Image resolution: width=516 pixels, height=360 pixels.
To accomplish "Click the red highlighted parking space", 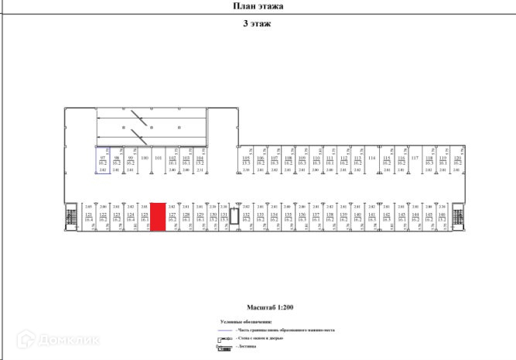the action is [157, 217].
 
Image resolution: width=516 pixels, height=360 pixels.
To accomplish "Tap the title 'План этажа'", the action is [258, 6].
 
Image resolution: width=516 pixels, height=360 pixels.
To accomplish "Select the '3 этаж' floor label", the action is [257, 23].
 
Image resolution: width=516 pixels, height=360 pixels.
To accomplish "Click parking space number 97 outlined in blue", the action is [102, 160].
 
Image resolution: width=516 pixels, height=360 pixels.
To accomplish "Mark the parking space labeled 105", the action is [246, 160].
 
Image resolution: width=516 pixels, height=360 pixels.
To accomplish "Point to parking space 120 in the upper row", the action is [457, 160].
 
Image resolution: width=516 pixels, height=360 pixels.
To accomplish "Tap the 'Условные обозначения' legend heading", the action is [245, 321].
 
